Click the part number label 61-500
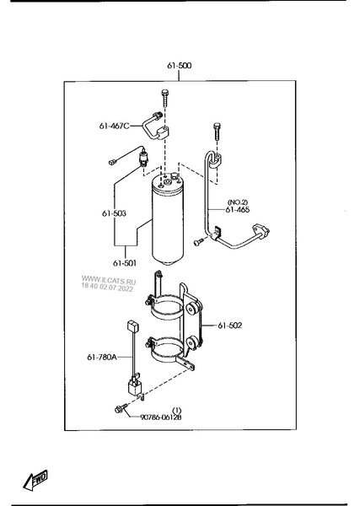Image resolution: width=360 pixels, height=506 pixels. click(x=179, y=66)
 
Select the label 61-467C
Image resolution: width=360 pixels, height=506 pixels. click(x=114, y=126)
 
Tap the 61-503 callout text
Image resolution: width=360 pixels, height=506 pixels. click(x=114, y=213)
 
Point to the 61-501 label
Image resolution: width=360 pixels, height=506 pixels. click(x=125, y=263)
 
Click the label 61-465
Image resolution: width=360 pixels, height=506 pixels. click(x=238, y=210)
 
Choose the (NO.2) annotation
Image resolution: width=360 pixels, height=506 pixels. click(x=238, y=202)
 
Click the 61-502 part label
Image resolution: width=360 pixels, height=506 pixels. click(x=229, y=326)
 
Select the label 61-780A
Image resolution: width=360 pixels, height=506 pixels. click(x=102, y=357)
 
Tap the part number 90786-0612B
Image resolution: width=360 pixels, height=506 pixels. click(x=161, y=417)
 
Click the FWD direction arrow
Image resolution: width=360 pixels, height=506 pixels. click(x=35, y=480)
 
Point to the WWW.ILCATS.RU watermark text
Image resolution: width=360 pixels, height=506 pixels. click(x=109, y=280)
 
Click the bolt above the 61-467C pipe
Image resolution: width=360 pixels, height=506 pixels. click(x=165, y=98)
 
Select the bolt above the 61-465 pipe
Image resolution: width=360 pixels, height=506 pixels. click(x=217, y=131)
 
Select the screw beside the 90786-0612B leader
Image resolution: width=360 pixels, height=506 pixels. click(x=120, y=408)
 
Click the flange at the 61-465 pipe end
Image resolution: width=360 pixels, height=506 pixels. click(x=261, y=230)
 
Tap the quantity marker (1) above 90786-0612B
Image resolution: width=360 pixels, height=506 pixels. click(x=177, y=410)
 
